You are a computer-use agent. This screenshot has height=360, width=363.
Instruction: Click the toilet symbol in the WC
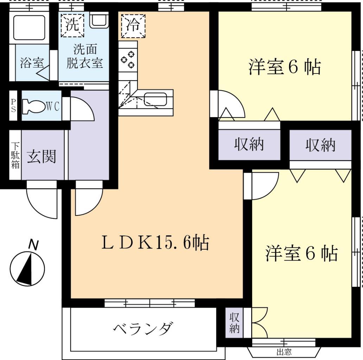(33, 106)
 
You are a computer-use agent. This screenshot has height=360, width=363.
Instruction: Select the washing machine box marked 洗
(72, 25)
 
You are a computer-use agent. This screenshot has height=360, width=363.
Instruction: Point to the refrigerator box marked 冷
(133, 26)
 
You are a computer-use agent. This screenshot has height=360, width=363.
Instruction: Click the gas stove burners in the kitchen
(128, 59)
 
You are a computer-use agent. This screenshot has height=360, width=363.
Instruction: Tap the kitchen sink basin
(155, 98)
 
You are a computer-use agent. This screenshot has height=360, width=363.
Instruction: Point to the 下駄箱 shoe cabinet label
(15, 155)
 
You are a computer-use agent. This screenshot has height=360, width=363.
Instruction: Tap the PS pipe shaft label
(14, 105)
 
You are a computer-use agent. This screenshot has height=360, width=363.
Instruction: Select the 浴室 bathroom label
(32, 63)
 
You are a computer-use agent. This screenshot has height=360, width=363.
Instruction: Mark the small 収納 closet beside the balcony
(234, 323)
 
